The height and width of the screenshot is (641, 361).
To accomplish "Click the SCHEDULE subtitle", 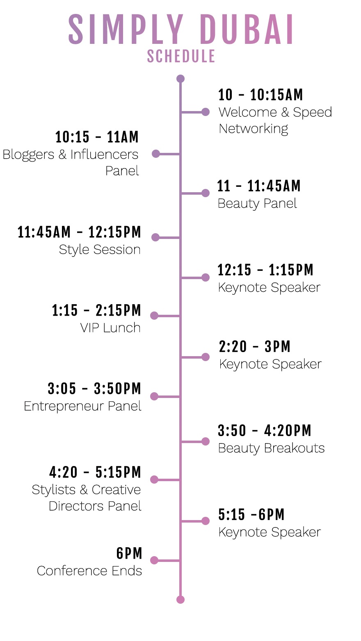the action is tap(181, 56).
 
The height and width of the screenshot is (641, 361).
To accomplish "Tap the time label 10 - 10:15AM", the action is tap(260, 95).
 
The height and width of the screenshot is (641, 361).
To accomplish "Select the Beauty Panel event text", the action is tap(257, 203).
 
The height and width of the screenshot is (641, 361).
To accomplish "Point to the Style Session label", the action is tap(100, 250).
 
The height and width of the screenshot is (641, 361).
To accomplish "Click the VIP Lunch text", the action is tap(110, 327).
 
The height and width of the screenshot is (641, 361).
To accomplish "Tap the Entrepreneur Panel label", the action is tap(82, 406).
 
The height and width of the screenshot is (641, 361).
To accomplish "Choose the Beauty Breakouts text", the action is tap(271, 448).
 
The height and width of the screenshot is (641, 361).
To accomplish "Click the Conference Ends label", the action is tap(89, 571).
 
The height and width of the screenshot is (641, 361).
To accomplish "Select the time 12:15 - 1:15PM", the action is tap(265, 270).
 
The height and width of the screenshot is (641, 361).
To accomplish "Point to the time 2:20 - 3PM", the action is tap(255, 347).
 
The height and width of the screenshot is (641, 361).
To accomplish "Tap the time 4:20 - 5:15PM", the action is tap(95, 472).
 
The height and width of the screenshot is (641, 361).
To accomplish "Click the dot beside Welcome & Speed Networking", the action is tap(206, 112).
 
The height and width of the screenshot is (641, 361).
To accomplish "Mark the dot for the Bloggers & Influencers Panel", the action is tap(156, 154).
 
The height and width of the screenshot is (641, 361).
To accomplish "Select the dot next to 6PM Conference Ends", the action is tap(154, 560).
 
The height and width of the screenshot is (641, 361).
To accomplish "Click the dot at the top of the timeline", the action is tap(180, 79).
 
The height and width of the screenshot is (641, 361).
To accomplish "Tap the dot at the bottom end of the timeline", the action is tap(180, 600).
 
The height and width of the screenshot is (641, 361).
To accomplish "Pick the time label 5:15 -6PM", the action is tap(251, 514).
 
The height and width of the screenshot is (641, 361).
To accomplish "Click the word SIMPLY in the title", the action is tap(126, 30).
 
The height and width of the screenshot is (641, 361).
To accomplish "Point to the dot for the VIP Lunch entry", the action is tap(154, 316).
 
